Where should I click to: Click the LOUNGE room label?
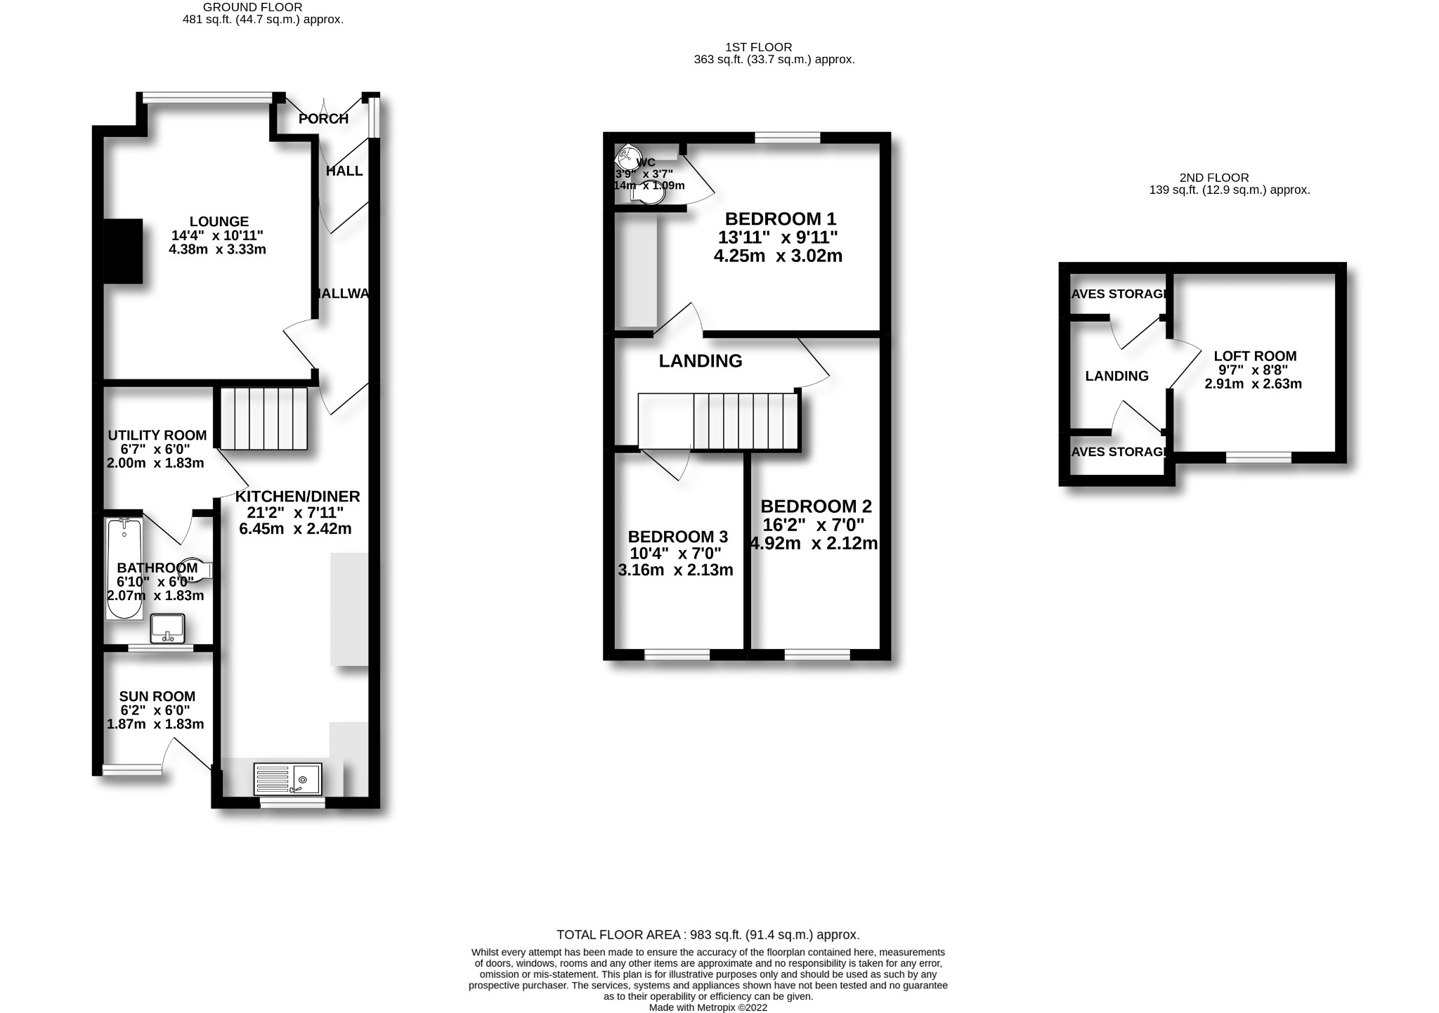pos(219,222)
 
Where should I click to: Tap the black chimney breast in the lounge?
pos(123,251)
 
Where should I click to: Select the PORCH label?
pos(323,119)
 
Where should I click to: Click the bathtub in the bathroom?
pos(124,569)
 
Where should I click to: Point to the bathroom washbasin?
pos(167,628)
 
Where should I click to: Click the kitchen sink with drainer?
pos(287,780)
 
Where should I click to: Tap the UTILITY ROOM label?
pos(157,436)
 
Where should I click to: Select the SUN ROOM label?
pos(157,696)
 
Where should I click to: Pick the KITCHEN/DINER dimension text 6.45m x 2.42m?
pos(295,529)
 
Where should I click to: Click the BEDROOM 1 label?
pos(781,218)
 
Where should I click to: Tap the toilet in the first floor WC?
pos(650,194)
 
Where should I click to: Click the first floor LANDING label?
pos(701,361)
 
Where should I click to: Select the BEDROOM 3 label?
pos(677,537)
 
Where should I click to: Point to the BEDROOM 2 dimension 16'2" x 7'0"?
pos(814,525)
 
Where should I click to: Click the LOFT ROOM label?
pos(1255,356)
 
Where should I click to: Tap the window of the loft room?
pos(1258,457)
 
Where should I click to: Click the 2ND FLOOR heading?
pos(1214,178)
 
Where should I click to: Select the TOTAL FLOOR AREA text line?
pos(708,935)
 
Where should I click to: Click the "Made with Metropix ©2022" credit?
pos(708,1007)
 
